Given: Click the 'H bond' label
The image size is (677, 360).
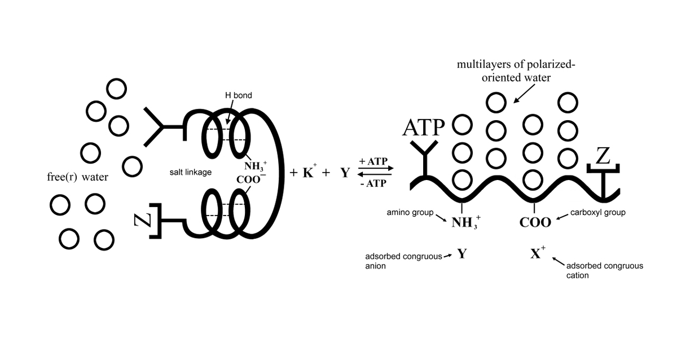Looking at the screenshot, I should click(x=235, y=95).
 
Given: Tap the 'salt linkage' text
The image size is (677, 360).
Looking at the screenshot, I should click(x=191, y=172).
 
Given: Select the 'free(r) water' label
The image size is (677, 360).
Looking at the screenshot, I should click(x=77, y=177).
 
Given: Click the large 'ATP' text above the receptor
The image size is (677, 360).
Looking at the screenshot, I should click(x=424, y=128).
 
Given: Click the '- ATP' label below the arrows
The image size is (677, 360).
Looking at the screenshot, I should click(x=372, y=184).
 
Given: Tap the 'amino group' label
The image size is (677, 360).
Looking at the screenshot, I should click(x=410, y=213).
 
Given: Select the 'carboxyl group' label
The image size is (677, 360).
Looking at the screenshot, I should click(x=598, y=213).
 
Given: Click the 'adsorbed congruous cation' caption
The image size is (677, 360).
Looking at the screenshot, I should click(x=604, y=270).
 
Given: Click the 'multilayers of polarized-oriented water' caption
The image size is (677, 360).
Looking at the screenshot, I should click(x=516, y=71).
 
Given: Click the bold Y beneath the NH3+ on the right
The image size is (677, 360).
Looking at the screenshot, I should click(x=462, y=253).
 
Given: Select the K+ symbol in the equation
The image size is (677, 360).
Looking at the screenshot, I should click(x=308, y=173).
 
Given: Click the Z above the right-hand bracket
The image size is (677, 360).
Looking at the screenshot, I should click(x=603, y=156).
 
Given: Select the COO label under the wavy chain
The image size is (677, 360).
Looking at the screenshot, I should click(x=535, y=222).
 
